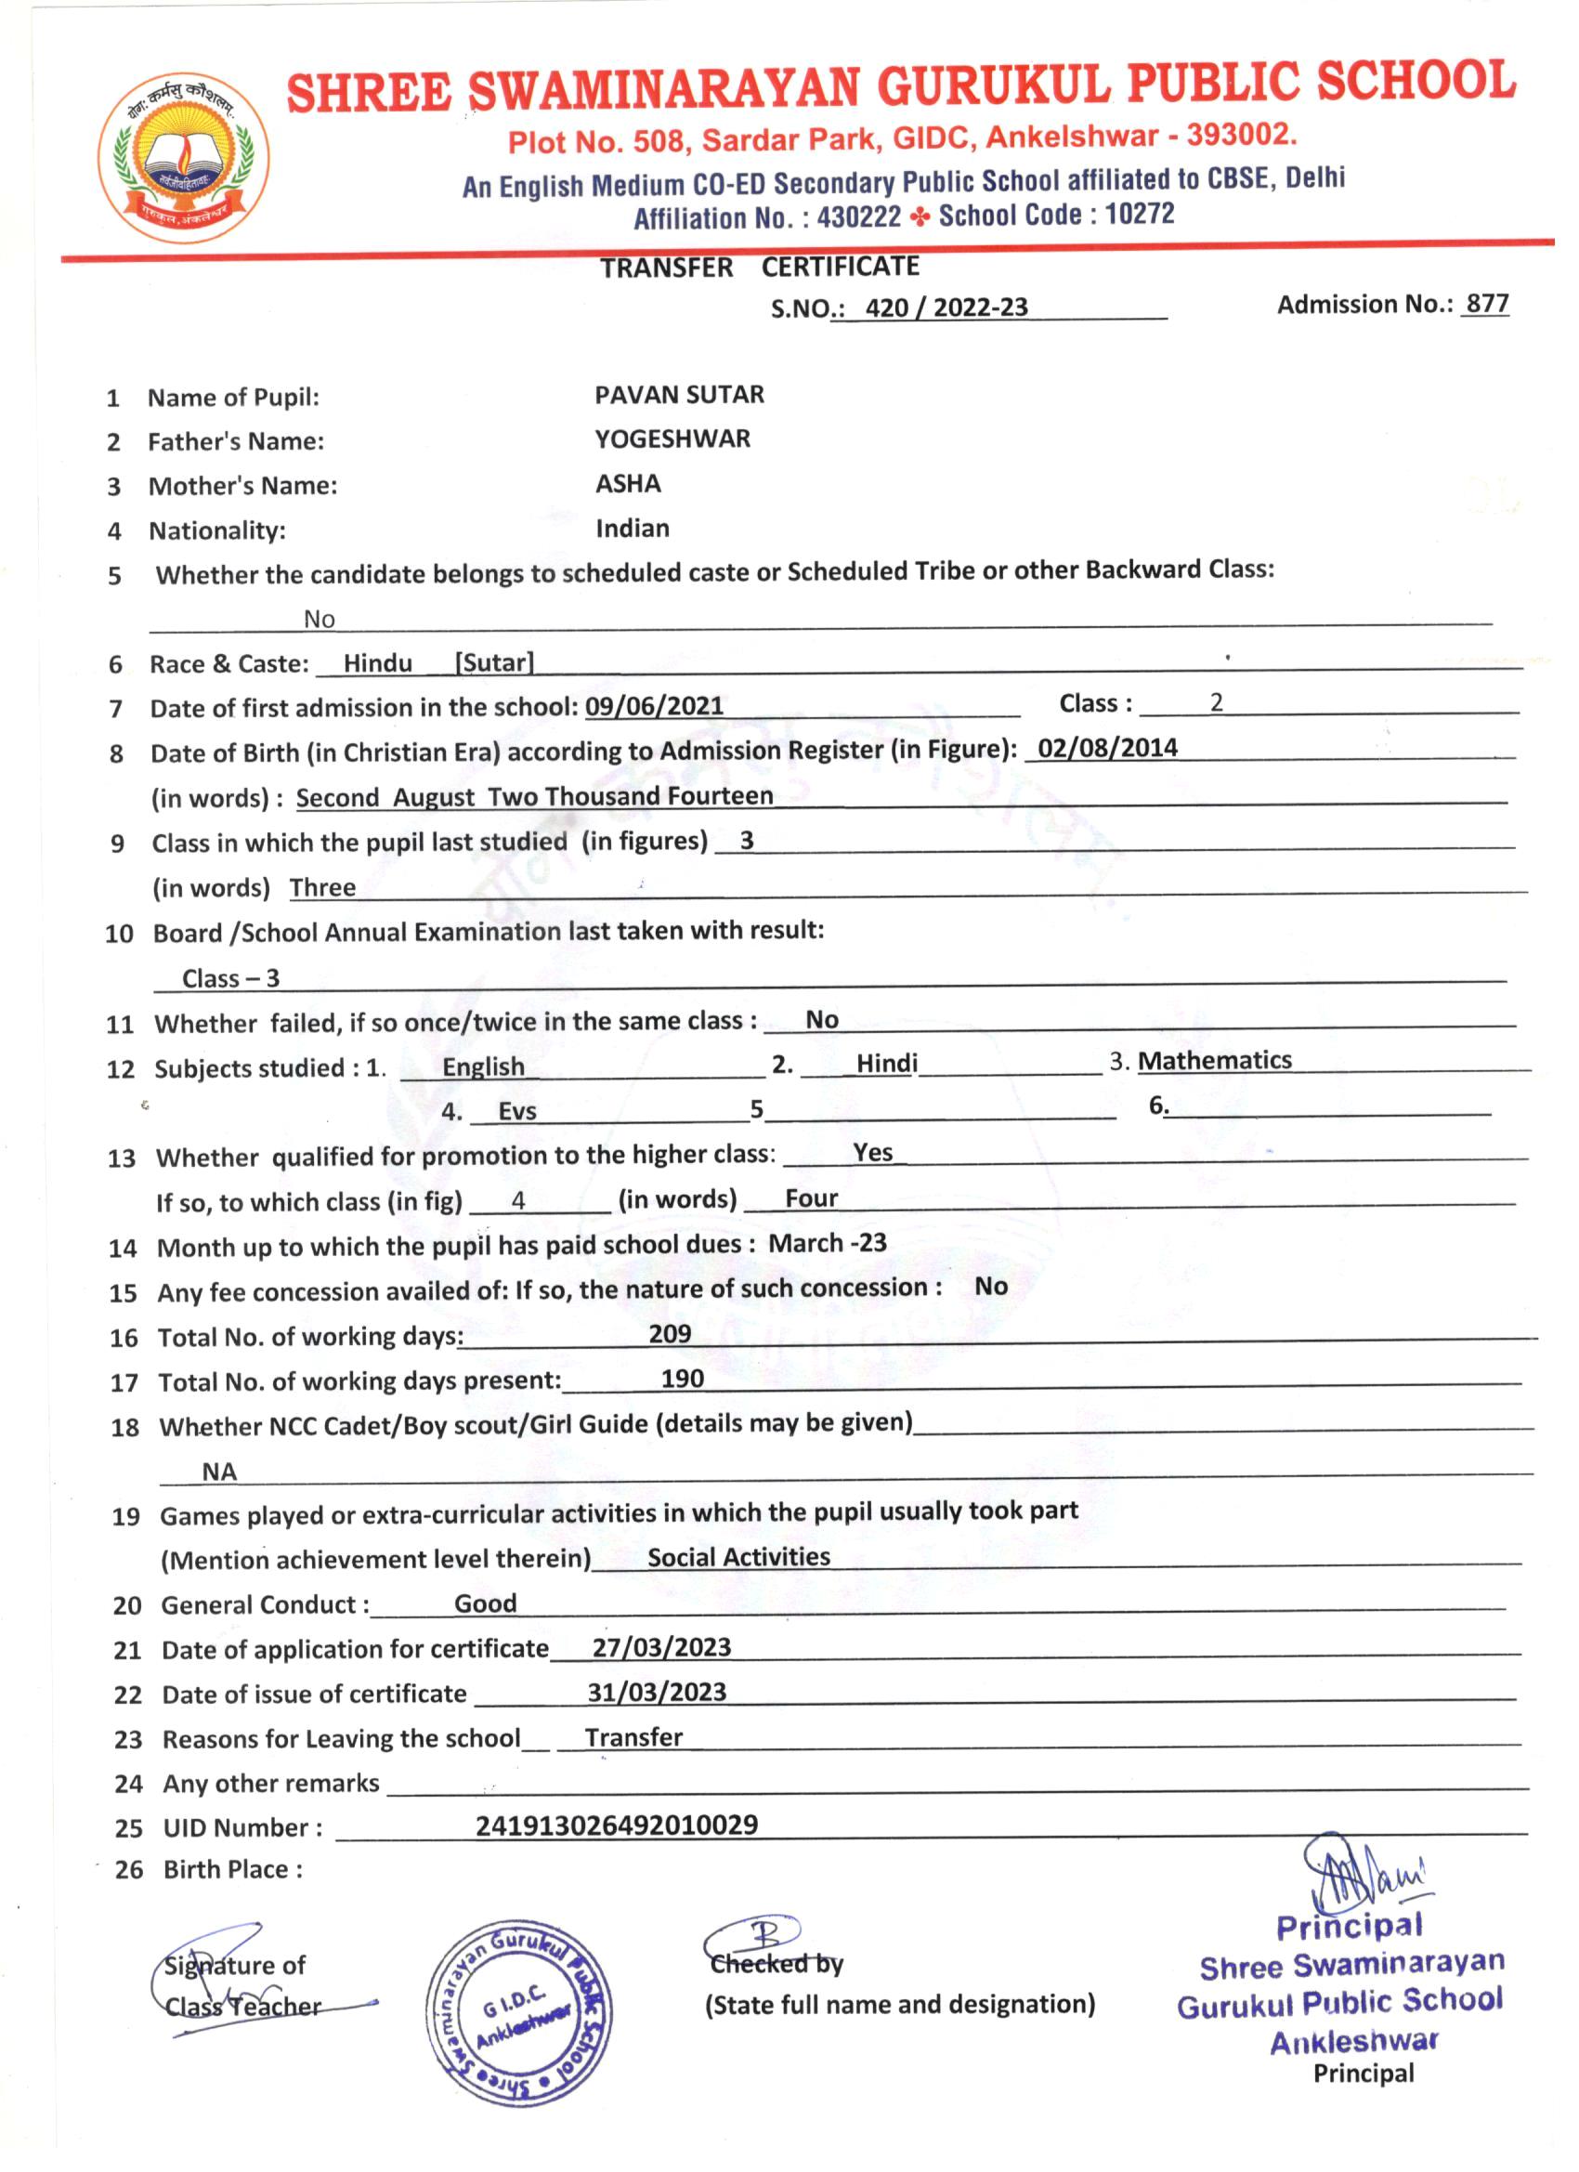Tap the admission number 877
(1487, 304)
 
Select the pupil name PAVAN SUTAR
(679, 395)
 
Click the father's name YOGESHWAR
(672, 438)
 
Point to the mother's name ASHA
(628, 484)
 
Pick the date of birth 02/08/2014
(1107, 748)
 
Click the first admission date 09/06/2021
(654, 706)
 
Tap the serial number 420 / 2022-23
(946, 307)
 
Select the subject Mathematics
(1214, 1060)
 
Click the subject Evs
(517, 1111)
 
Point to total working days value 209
(670, 1333)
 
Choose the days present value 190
(682, 1378)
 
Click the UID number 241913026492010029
(617, 1825)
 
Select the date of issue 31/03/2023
(657, 1692)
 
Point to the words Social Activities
(738, 1556)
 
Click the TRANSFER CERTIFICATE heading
(760, 268)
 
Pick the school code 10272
(1139, 214)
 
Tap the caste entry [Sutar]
(494, 662)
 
